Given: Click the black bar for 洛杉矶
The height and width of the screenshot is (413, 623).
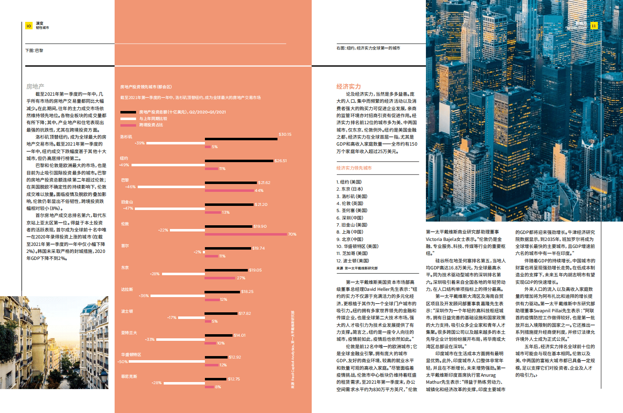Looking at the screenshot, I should point(241,139).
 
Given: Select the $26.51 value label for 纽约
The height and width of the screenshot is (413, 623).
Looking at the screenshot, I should point(280,160).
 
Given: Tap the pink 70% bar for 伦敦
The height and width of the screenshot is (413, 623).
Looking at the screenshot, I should point(246,234).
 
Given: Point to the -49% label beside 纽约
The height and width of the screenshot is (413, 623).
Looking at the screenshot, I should point(124,165).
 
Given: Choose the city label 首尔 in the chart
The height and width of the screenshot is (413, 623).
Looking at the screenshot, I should point(125,245).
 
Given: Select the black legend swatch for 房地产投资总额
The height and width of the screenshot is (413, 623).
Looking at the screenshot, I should point(128,112).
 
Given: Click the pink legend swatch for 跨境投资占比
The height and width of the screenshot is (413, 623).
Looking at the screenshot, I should point(128,125).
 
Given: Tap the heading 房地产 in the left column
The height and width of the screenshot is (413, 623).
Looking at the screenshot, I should point(35,86).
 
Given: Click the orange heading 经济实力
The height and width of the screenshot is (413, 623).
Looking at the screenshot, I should point(348,86).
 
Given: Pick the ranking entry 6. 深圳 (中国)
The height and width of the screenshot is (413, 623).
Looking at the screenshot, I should point(350,218).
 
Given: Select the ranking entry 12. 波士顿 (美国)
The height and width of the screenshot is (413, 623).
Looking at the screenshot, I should point(353,261).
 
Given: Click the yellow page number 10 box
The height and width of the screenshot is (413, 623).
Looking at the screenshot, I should point(28,26).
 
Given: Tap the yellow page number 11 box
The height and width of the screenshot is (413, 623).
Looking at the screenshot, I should point(593,26).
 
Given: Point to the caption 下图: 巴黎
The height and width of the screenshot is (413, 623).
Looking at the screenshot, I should point(34,51).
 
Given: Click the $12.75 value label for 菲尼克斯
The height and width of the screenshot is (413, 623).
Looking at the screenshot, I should point(234,379).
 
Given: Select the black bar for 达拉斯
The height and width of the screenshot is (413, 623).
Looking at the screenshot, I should point(222,292).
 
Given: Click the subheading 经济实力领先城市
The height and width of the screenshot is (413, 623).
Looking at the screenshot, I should point(354,168).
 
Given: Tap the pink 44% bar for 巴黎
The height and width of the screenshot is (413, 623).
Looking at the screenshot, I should point(229,191).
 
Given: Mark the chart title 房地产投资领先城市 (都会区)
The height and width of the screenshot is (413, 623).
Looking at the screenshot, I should point(146,87).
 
